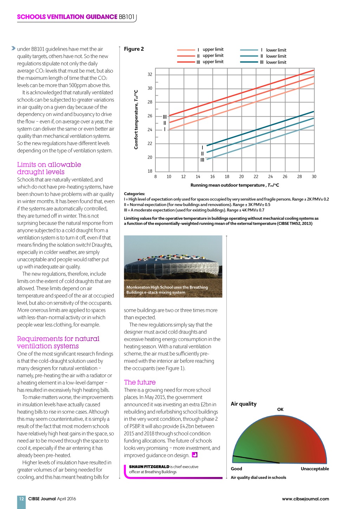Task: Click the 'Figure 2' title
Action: coord(134,49)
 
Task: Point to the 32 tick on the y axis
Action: coord(150,75)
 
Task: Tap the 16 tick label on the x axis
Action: coord(212,176)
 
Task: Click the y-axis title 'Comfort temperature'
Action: coord(136,120)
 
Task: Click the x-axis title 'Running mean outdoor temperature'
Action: coord(234,185)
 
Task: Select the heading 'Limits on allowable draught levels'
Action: coord(49,168)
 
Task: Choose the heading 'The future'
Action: coord(140,382)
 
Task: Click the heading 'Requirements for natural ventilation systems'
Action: coord(58,342)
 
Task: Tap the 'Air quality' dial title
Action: coord(244,404)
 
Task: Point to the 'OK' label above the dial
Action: coord(280,410)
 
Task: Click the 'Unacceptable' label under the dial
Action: coord(315,469)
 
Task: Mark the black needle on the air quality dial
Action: coord(256,459)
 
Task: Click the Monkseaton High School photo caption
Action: coord(167,290)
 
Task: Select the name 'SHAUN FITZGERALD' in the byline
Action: coord(149,467)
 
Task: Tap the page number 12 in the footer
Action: coord(21,498)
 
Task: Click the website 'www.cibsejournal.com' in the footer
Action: coord(305,499)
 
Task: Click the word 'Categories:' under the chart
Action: coord(134,194)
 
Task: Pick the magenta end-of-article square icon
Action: coord(194,455)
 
